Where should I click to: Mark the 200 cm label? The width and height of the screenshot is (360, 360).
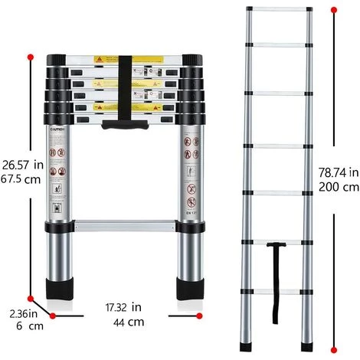tap(338, 186)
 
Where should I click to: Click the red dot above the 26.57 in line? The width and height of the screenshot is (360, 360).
tap(30, 57)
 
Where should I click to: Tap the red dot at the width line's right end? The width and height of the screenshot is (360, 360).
tap(199, 315)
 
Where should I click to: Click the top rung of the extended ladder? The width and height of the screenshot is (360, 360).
tap(280, 11)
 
